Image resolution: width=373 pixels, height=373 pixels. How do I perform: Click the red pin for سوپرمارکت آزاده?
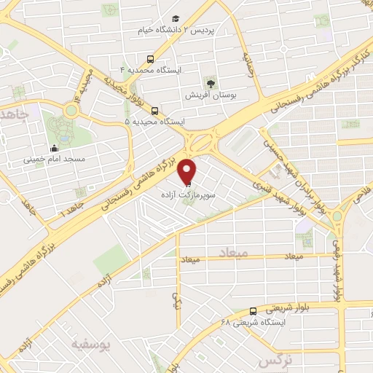click(x=189, y=170)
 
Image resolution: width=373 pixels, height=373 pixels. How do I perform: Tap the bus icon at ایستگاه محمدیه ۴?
click(x=149, y=58)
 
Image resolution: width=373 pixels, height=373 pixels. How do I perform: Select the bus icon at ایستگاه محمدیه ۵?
click(x=154, y=111)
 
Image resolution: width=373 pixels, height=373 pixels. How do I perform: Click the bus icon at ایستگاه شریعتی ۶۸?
click(x=253, y=310)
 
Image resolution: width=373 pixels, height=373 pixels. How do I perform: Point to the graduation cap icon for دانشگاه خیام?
click(x=175, y=18)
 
